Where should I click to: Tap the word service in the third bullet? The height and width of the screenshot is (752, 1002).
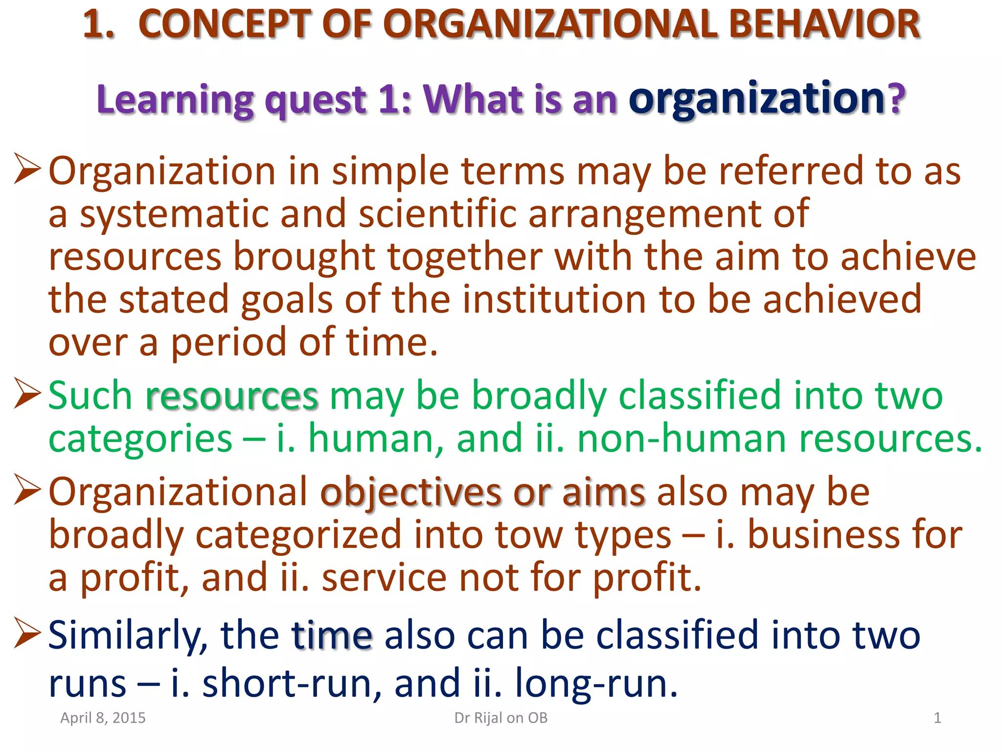384,577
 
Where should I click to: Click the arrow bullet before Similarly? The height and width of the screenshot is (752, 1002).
27,633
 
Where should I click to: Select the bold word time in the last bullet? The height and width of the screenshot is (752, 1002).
332,635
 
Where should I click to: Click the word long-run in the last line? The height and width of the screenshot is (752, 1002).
596,683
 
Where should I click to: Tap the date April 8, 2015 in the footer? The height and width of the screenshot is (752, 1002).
103,718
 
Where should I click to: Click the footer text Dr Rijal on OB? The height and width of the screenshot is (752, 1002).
501,718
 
